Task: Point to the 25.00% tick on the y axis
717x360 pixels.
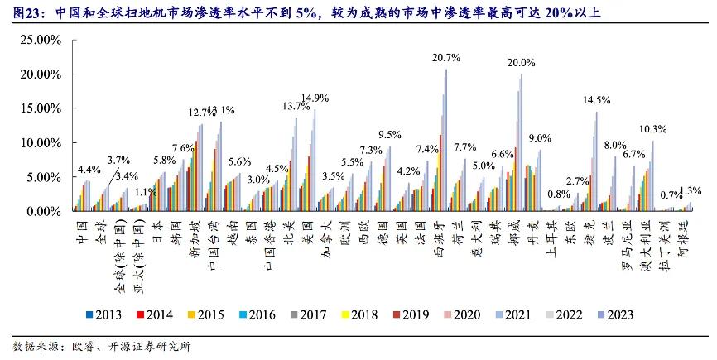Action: point(36,40)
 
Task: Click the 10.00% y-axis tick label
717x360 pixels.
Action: point(36,142)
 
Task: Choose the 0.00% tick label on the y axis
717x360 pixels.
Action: point(39,212)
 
